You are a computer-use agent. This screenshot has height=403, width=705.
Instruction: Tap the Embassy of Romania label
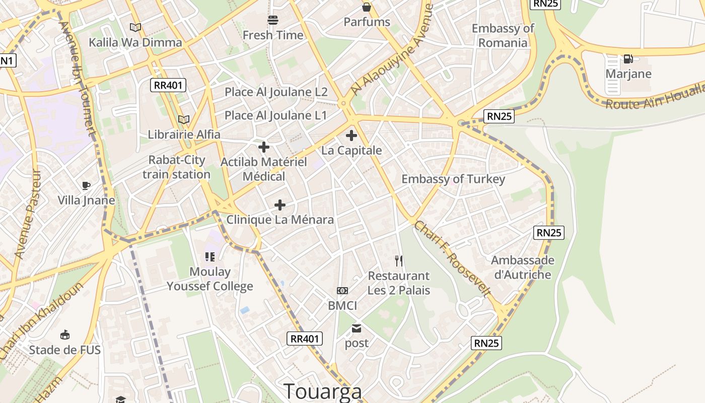click(503, 35)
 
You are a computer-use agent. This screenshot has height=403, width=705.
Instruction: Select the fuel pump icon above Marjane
click(628, 59)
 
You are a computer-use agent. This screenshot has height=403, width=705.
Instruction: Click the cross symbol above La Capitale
click(351, 136)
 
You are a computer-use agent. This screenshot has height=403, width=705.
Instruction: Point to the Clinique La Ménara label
click(280, 220)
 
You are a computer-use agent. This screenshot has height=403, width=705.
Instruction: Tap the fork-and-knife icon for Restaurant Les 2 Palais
click(399, 260)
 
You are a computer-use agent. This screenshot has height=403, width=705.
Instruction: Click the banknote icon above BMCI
click(342, 291)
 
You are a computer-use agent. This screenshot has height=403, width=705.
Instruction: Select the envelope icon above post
click(357, 328)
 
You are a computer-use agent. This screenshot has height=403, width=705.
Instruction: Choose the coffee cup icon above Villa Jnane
click(86, 185)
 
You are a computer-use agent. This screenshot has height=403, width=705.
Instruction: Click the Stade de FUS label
click(64, 350)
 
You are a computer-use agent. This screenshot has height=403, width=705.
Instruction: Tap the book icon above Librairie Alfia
click(184, 119)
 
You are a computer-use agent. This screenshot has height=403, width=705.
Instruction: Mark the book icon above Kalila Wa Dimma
click(135, 27)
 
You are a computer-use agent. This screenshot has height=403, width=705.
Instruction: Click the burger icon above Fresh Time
click(273, 20)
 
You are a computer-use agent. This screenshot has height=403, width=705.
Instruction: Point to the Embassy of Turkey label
click(453, 179)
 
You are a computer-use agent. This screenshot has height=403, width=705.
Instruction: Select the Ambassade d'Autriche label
click(523, 267)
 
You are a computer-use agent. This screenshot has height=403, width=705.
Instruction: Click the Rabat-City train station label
click(176, 167)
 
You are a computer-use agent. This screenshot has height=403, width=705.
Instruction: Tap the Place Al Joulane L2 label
click(276, 92)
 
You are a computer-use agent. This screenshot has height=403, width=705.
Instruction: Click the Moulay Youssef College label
click(210, 279)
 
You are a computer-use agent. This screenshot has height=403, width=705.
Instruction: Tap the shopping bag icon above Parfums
click(367, 7)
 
